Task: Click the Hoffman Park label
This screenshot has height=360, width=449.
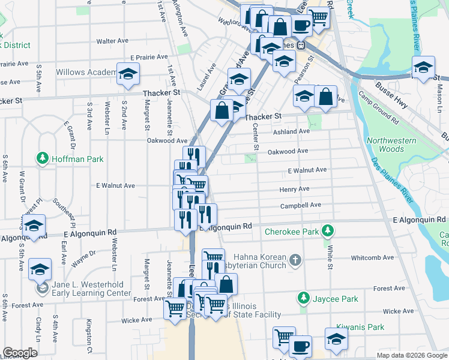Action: click(77, 159)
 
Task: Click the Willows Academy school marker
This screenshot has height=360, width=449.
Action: click(127, 74)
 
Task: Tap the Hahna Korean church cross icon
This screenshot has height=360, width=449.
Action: click(294, 260)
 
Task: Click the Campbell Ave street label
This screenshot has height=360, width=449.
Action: click(300, 205)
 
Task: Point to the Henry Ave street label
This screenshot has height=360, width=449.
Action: click(294, 189)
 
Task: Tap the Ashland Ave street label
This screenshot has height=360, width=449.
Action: click(291, 131)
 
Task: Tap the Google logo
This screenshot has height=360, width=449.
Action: click(20, 353)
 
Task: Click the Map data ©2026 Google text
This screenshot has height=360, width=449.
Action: click(412, 355)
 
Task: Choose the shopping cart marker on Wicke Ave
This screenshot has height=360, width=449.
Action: click(175, 309)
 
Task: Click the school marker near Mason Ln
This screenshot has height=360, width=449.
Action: click(423, 67)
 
